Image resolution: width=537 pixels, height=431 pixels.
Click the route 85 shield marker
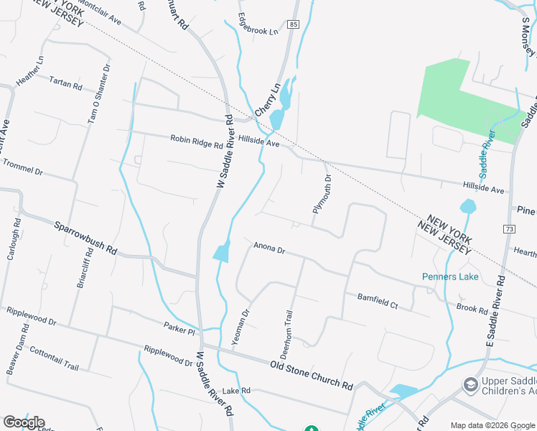pyautogui.click(x=294, y=24)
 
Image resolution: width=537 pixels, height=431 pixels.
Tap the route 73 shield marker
pyautogui.click(x=510, y=228)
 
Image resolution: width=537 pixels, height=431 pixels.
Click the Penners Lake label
pyautogui.click(x=450, y=277)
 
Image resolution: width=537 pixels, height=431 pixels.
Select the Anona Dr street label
pyautogui.click(x=269, y=249)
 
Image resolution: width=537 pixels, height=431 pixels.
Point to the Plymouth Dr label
pyautogui.click(x=322, y=194)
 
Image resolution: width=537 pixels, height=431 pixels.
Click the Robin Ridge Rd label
pyautogui.click(x=196, y=142)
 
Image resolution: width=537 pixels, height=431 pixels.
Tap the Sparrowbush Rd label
pyautogui.click(x=85, y=238)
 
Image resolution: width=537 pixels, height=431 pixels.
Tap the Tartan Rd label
pyautogui.click(x=66, y=83)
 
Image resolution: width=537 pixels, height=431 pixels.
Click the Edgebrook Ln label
pyautogui.click(x=258, y=26)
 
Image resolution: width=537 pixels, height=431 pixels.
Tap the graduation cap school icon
pyautogui.click(x=470, y=386)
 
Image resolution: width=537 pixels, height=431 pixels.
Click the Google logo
pyautogui.click(x=24, y=422)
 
